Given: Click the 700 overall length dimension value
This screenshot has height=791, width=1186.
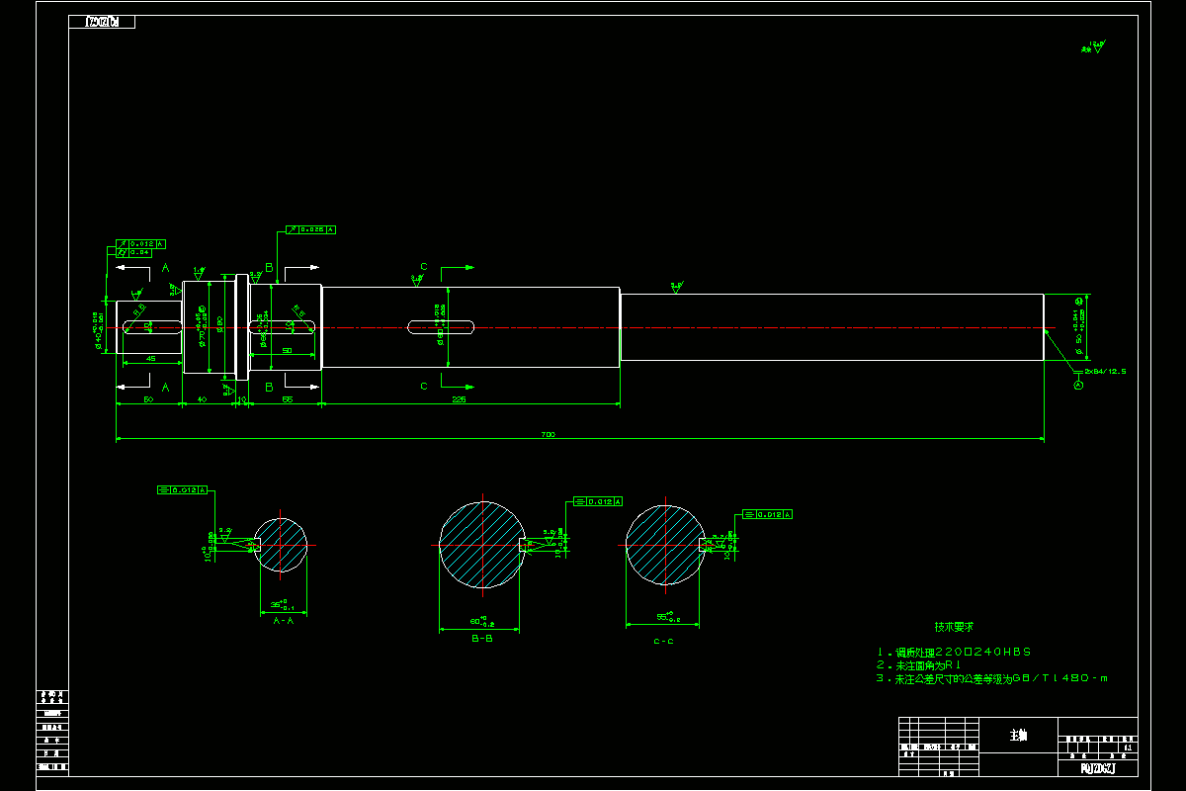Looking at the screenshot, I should (x=549, y=434).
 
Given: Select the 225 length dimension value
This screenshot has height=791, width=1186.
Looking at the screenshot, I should (x=459, y=399).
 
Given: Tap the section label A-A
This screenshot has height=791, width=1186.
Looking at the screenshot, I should (x=283, y=621).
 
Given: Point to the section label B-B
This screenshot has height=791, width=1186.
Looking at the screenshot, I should (x=482, y=639).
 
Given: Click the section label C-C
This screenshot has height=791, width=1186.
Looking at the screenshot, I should (x=663, y=641).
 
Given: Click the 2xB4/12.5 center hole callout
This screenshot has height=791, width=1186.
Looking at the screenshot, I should (x=1105, y=371).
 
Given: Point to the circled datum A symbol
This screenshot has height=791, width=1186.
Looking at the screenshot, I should (x=1078, y=386).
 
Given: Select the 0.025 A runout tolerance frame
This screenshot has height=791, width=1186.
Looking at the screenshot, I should (x=311, y=229).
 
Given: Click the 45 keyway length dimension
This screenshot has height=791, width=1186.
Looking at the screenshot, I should (x=150, y=358).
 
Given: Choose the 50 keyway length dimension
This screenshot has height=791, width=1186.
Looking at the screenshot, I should (x=287, y=351).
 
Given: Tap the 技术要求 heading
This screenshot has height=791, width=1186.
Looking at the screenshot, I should (x=954, y=627).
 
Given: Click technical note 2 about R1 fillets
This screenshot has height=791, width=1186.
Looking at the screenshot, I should (x=918, y=665).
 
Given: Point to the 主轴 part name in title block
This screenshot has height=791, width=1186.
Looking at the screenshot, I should (x=1018, y=736).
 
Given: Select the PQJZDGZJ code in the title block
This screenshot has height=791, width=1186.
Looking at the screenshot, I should (x=1097, y=767).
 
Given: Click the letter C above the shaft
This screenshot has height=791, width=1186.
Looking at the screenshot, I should (x=424, y=267).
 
